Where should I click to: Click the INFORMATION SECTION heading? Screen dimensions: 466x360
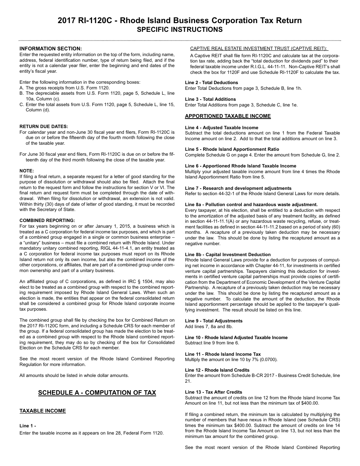[50, 48]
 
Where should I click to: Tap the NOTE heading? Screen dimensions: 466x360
[27, 171]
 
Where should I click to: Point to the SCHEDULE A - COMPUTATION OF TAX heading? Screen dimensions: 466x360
[97, 393]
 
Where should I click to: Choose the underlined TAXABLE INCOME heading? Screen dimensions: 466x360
[42, 411]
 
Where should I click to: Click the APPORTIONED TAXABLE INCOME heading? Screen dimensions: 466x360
[228, 116]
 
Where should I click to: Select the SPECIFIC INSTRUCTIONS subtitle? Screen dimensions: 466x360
[180, 30]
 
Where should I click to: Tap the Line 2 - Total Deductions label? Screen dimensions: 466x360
[211, 83]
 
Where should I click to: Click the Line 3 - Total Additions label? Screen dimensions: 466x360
[210, 99]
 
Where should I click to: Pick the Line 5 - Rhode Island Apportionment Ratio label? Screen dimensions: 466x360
[232, 149]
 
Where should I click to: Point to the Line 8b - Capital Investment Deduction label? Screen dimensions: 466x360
[228, 255]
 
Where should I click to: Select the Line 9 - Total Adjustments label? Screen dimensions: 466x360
[214, 321]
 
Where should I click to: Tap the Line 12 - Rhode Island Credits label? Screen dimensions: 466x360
[217, 370]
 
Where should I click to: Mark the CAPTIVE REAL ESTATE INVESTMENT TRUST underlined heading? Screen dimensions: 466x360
[259, 48]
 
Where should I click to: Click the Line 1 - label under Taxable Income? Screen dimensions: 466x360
[28, 426]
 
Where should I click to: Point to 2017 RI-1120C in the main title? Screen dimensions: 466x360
[85, 20]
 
